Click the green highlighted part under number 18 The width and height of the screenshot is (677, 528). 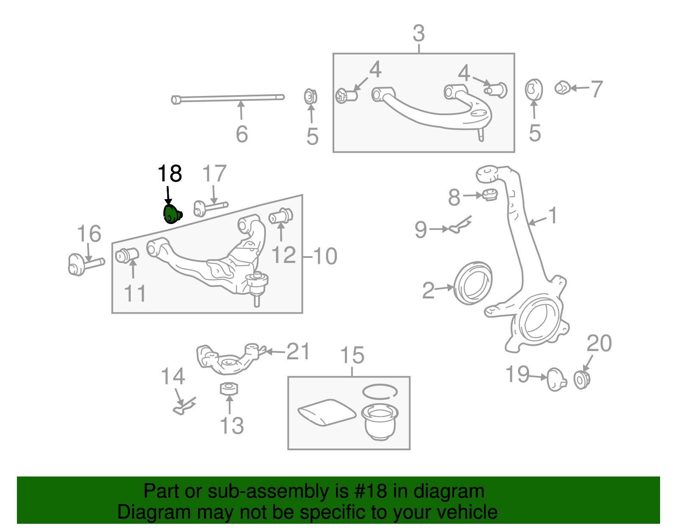click(172, 214)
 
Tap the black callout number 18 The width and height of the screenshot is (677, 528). click(170, 174)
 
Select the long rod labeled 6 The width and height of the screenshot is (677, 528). click(228, 98)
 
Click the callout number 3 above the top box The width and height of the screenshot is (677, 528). click(418, 33)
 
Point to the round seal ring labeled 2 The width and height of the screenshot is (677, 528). click(473, 283)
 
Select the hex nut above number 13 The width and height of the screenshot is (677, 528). click(229, 388)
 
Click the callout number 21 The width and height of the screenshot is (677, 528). click(298, 351)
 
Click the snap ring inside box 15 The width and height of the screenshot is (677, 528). click(380, 391)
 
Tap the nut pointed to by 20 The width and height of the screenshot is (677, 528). click(581, 379)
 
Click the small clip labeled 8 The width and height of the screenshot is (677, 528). click(490, 195)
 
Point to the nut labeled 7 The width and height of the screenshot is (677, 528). click(562, 88)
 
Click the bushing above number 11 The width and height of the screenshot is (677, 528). click(127, 255)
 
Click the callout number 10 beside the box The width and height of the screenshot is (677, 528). click(325, 256)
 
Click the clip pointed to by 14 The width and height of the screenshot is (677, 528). click(185, 406)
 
